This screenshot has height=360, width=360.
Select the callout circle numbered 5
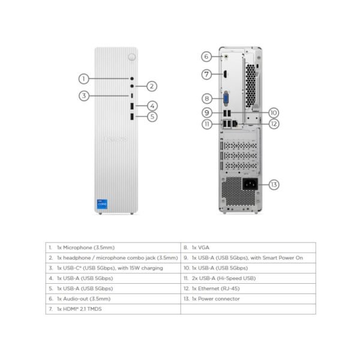tap(152, 117)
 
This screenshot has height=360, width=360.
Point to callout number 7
tap(206, 75)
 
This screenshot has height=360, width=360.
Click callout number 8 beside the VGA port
tap(206, 98)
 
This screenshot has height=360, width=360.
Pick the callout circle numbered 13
tap(274, 184)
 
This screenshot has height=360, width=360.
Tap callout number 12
tap(274, 124)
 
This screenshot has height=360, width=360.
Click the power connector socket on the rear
tap(250, 184)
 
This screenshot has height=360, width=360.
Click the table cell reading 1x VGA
tap(247, 247)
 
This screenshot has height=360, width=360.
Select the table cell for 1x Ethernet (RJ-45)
tap(247, 289)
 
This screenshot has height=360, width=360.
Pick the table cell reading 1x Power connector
tap(247, 299)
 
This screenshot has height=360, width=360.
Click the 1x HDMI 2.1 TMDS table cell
tap(112, 309)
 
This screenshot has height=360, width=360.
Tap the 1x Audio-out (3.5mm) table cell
tap(112, 299)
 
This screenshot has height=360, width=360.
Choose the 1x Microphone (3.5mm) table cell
tap(112, 247)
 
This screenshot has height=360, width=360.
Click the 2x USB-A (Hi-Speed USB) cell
tap(247, 278)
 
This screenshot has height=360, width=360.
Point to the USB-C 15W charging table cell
tap(112, 268)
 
